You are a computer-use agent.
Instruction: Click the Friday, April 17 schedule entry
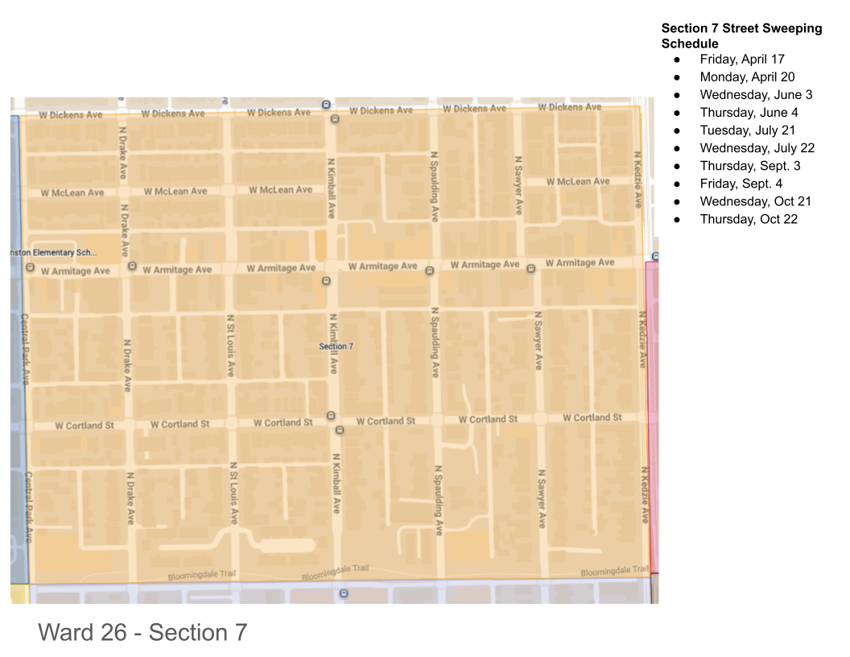[x=741, y=59]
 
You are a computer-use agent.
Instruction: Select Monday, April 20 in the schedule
[x=747, y=76]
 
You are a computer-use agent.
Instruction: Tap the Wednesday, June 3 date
[x=756, y=94]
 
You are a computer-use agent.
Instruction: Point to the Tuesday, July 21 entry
[x=747, y=130]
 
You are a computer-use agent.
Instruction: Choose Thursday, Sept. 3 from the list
[x=749, y=166]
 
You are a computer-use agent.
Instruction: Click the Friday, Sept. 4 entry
[x=741, y=184]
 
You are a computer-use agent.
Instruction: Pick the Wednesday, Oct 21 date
[x=755, y=201]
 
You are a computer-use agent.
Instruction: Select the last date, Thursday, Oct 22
[x=749, y=219]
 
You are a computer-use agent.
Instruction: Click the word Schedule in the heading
[x=690, y=43]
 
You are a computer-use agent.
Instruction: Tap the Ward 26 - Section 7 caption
[x=142, y=633]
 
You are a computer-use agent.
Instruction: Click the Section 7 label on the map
[x=336, y=346]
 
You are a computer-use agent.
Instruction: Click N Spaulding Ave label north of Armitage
[x=435, y=186]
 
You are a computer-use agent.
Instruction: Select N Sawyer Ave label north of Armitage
[x=518, y=185]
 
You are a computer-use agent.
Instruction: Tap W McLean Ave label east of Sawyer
[x=578, y=182]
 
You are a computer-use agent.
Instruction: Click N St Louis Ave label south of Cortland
[x=233, y=493]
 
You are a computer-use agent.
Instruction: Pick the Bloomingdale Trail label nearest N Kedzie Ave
[x=614, y=572]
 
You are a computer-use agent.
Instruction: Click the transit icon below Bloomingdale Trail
[x=344, y=594]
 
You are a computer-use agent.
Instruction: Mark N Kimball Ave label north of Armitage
[x=331, y=188]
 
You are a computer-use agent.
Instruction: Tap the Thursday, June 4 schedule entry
[x=749, y=112]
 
